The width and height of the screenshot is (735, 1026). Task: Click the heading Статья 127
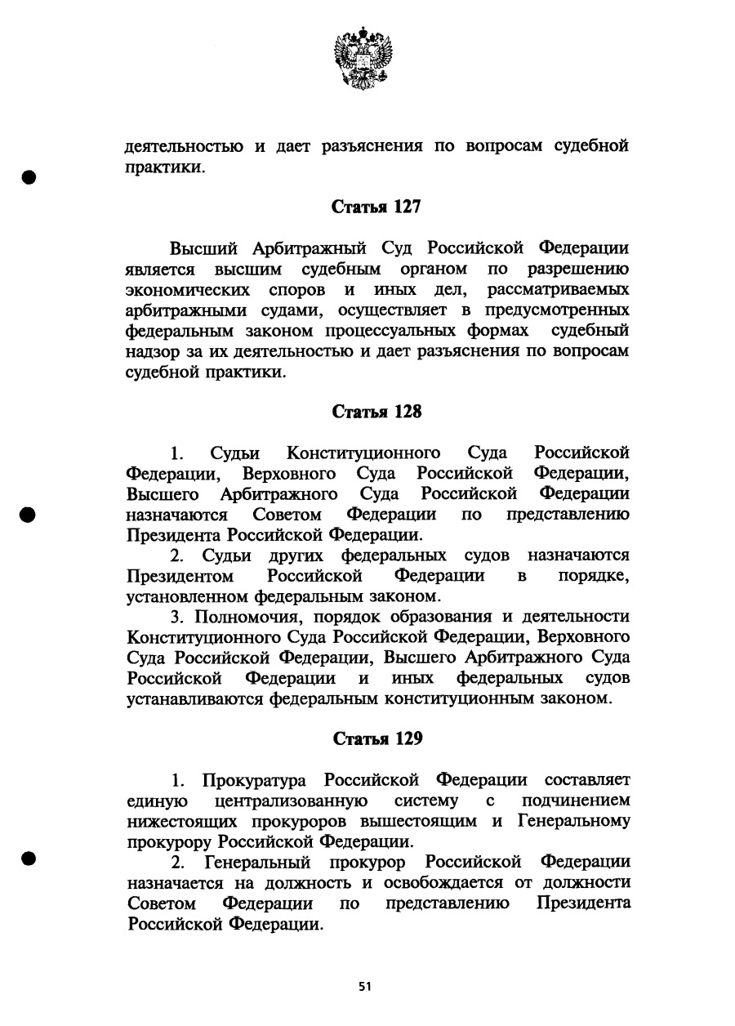[x=376, y=207]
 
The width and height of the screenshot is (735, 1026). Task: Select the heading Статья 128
[x=376, y=412]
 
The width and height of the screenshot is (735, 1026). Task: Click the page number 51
[x=365, y=986]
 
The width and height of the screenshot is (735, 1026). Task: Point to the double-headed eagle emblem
[x=363, y=57]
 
